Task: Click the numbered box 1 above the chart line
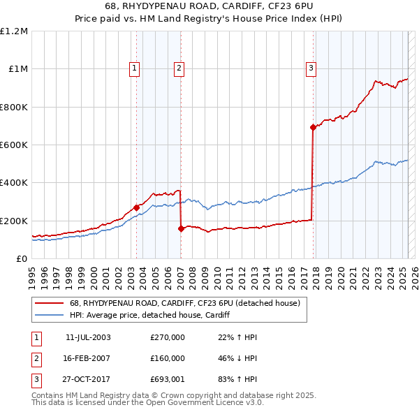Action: point(133,68)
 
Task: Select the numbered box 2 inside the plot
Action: point(179,68)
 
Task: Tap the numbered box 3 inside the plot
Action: point(310,68)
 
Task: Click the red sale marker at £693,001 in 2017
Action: point(313,127)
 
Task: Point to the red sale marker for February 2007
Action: point(181,228)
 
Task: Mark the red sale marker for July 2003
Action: point(136,207)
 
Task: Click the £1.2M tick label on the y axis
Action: point(15,31)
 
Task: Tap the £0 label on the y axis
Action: point(21,258)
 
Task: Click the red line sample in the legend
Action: point(49,303)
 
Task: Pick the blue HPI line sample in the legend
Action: point(49,315)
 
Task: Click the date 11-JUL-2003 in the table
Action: point(88,337)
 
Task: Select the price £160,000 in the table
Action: point(168,358)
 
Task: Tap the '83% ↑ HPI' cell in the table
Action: point(238,379)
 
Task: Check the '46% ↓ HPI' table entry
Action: point(238,358)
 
